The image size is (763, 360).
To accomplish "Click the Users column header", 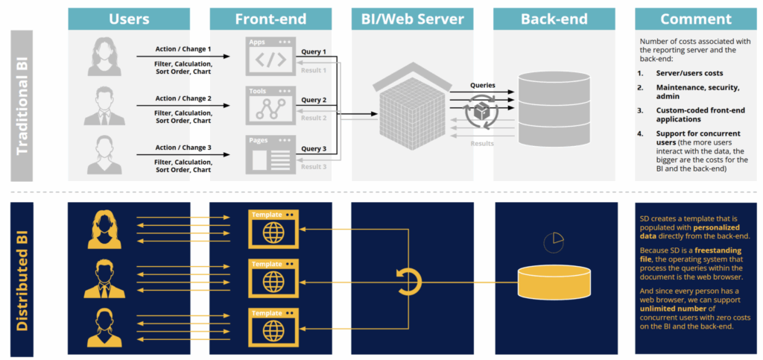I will point(128,19).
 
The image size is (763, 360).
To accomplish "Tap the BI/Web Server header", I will point(412,19).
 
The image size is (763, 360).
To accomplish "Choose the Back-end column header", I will point(554,19).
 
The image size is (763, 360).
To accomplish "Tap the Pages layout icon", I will point(270,154).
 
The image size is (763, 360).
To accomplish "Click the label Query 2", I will point(314,100).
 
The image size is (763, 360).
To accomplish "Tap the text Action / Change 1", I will point(183,50).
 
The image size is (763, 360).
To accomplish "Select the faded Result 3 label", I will point(314,167).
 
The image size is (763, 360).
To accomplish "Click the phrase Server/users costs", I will point(690,73).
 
